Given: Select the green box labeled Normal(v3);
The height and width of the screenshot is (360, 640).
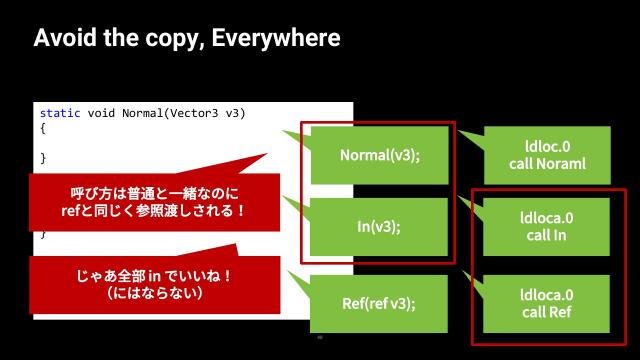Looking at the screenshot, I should [x=379, y=155].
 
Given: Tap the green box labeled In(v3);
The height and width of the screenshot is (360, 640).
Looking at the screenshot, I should [x=379, y=226].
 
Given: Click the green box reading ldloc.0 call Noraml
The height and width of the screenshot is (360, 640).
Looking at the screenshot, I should [x=547, y=155].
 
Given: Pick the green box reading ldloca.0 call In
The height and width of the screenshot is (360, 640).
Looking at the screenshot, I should [x=547, y=226].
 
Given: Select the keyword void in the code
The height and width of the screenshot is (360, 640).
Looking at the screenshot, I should [x=101, y=114].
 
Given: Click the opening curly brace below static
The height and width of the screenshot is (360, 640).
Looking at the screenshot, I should [x=43, y=129].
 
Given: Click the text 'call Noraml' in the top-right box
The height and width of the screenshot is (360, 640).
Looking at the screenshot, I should [x=547, y=164].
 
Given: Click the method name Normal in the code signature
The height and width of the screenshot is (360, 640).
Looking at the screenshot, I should [x=145, y=114].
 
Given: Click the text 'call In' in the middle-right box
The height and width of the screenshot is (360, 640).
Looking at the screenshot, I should [x=547, y=235].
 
